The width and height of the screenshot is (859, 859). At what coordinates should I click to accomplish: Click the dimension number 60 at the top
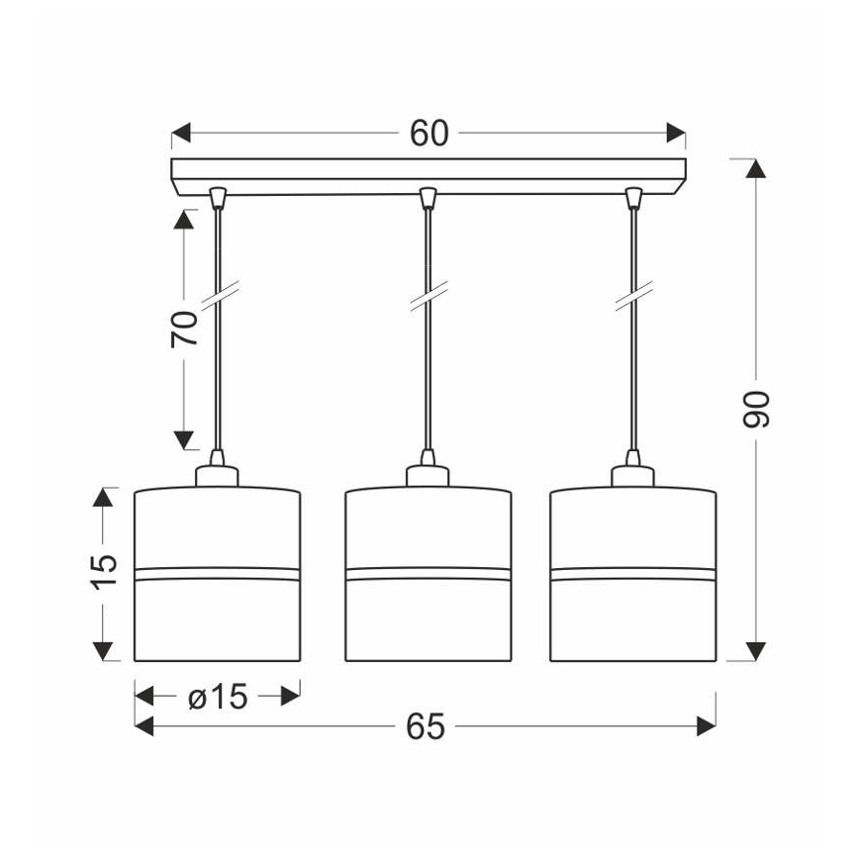pyautogui.click(x=429, y=134)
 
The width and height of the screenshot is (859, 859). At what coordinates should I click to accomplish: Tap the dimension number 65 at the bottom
pyautogui.click(x=426, y=726)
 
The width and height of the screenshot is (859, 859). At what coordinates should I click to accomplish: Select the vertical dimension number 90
pyautogui.click(x=756, y=409)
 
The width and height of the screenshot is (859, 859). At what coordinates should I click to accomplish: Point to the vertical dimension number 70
pyautogui.click(x=184, y=329)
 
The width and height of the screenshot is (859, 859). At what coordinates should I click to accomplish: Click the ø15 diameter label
pyautogui.click(x=218, y=697)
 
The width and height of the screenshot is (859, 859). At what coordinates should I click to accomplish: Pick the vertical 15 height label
pyautogui.click(x=103, y=572)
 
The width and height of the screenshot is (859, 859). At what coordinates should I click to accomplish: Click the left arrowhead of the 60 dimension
pyautogui.click(x=181, y=133)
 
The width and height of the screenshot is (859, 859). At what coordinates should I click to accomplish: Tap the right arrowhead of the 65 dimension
pyautogui.click(x=707, y=726)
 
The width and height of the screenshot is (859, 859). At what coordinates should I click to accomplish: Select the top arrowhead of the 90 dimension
pyautogui.click(x=756, y=168)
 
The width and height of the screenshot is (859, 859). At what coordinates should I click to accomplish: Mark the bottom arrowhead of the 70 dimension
pyautogui.click(x=183, y=440)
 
